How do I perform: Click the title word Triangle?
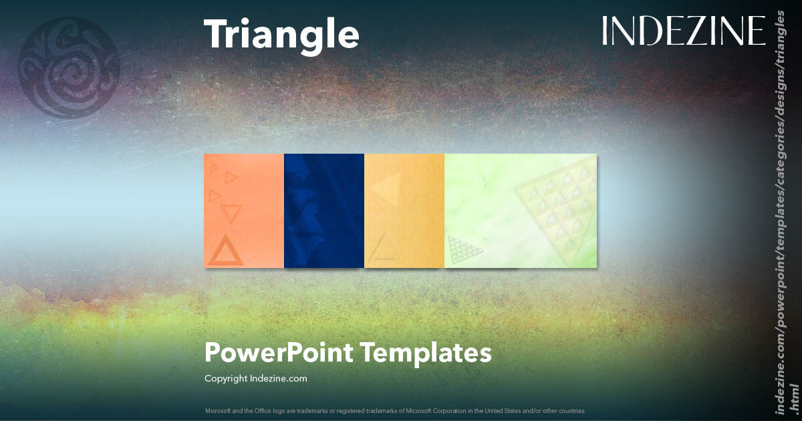(x=281, y=33)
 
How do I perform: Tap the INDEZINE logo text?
(x=683, y=31)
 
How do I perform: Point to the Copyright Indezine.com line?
(x=256, y=379)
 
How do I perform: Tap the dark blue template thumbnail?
(x=324, y=210)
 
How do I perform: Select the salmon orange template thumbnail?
(x=244, y=210)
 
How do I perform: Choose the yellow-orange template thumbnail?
(x=404, y=210)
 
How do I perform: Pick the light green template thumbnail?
(x=520, y=210)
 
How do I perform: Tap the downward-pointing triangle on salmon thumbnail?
(x=231, y=215)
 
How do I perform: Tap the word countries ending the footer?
(x=571, y=410)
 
